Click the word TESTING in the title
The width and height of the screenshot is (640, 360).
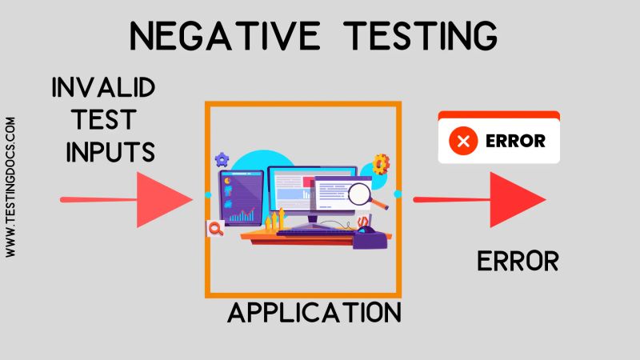coord(418,36)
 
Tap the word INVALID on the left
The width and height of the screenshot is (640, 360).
coord(103,87)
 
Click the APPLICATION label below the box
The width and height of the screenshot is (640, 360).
coord(314,311)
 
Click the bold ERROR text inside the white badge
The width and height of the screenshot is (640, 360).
coord(515,142)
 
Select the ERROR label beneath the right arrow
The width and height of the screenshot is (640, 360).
coord(518,261)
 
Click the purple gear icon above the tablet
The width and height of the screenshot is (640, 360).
coord(222,159)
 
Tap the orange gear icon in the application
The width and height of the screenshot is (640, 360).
coord(381,164)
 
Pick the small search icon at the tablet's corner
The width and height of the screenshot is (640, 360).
coord(214,229)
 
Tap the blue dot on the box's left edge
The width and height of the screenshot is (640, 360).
coord(207,194)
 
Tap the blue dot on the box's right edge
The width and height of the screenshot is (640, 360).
coord(398,194)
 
